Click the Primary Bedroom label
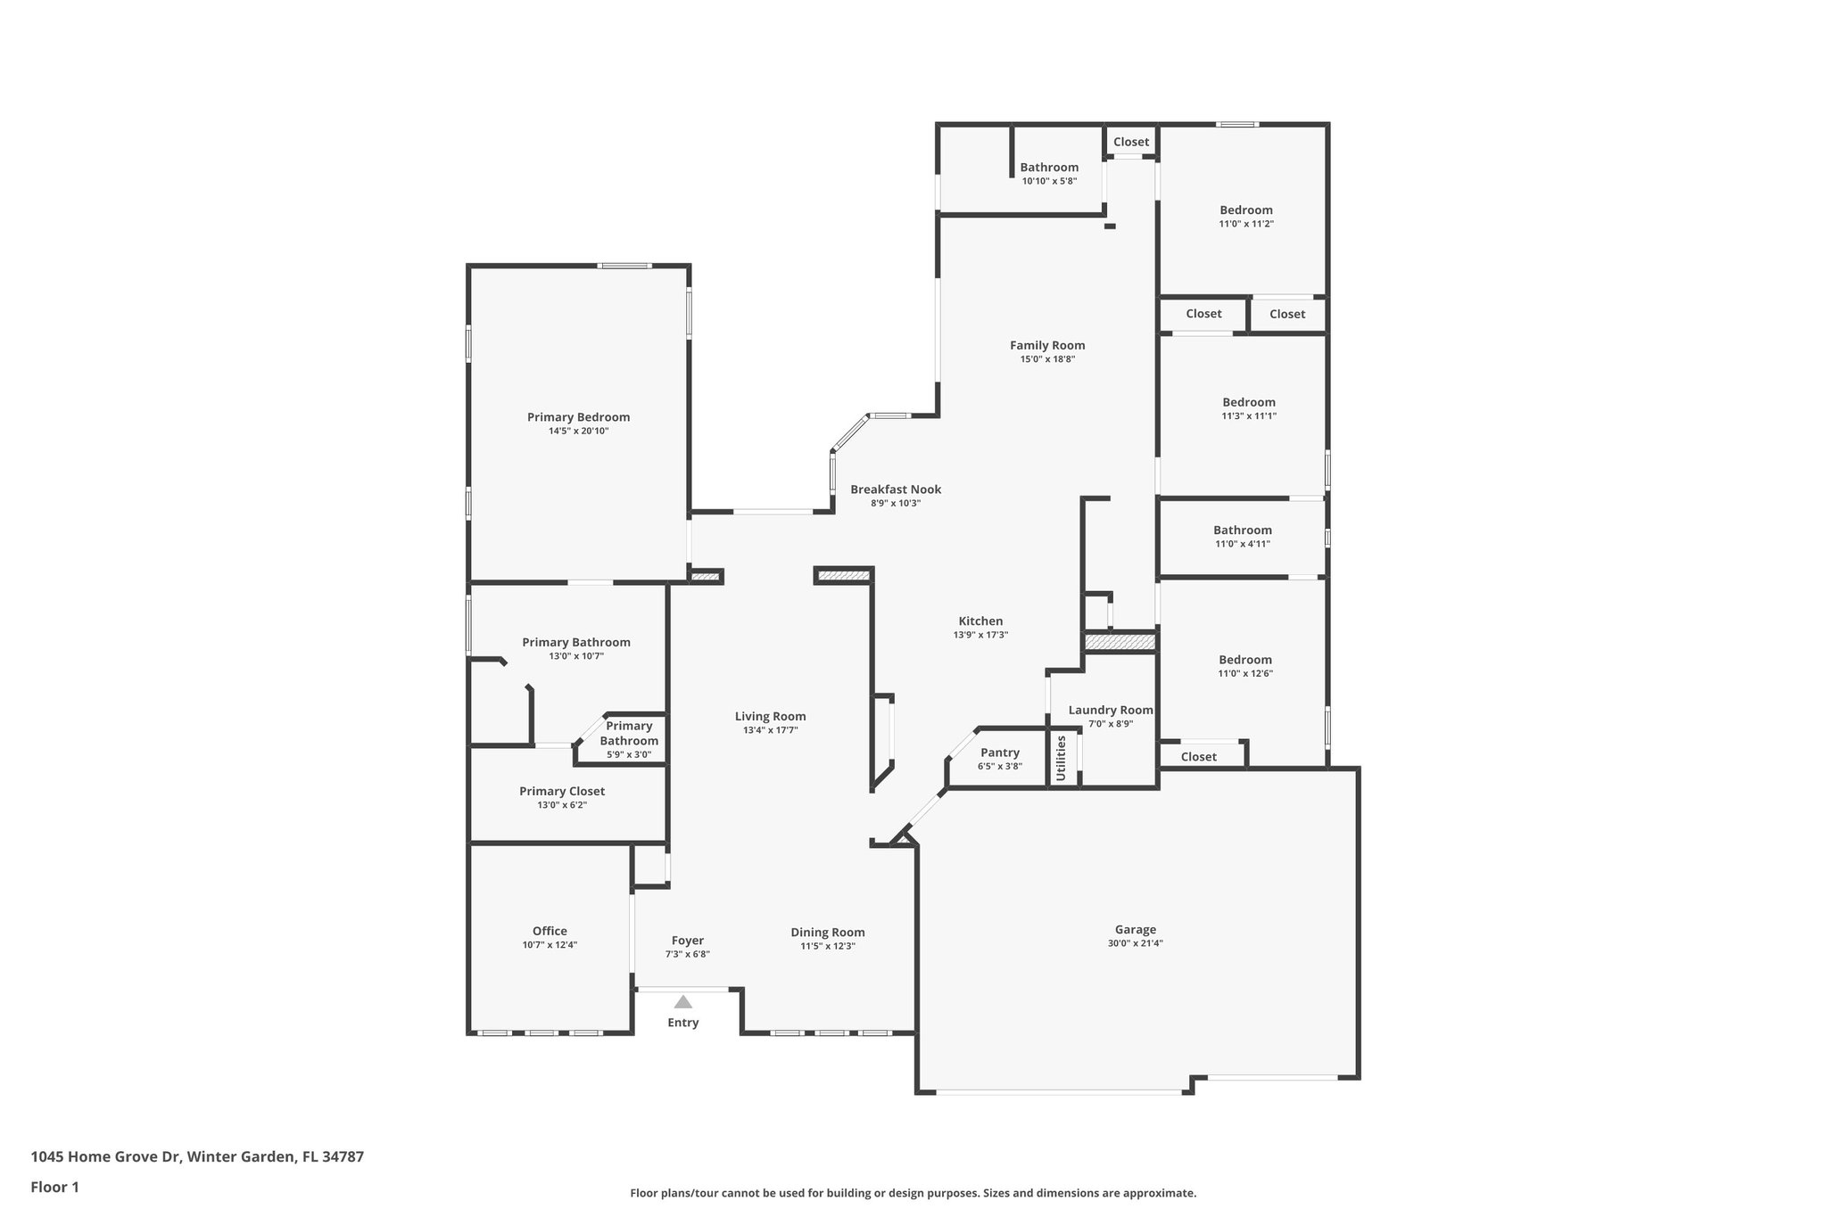[x=578, y=417]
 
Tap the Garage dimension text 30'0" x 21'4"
[x=1135, y=942]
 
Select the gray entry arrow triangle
[x=683, y=1002]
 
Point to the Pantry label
[x=999, y=752]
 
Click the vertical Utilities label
[x=1061, y=758]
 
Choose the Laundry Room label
[x=1110, y=711]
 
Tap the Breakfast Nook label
[x=896, y=489]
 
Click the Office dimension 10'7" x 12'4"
[x=550, y=945]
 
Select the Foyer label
[x=687, y=941]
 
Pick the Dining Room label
[x=827, y=933]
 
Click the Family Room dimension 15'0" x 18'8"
[x=1047, y=359]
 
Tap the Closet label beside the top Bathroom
[x=1131, y=142]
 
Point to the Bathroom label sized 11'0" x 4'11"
[x=1242, y=530]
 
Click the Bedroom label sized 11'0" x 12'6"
[x=1245, y=660]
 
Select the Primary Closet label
[x=562, y=791]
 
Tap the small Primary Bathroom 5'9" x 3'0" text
[x=629, y=754]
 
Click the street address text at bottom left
[x=197, y=1156]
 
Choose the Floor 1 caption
[x=54, y=1187]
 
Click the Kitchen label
[x=980, y=621]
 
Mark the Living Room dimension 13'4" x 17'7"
[x=770, y=730]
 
